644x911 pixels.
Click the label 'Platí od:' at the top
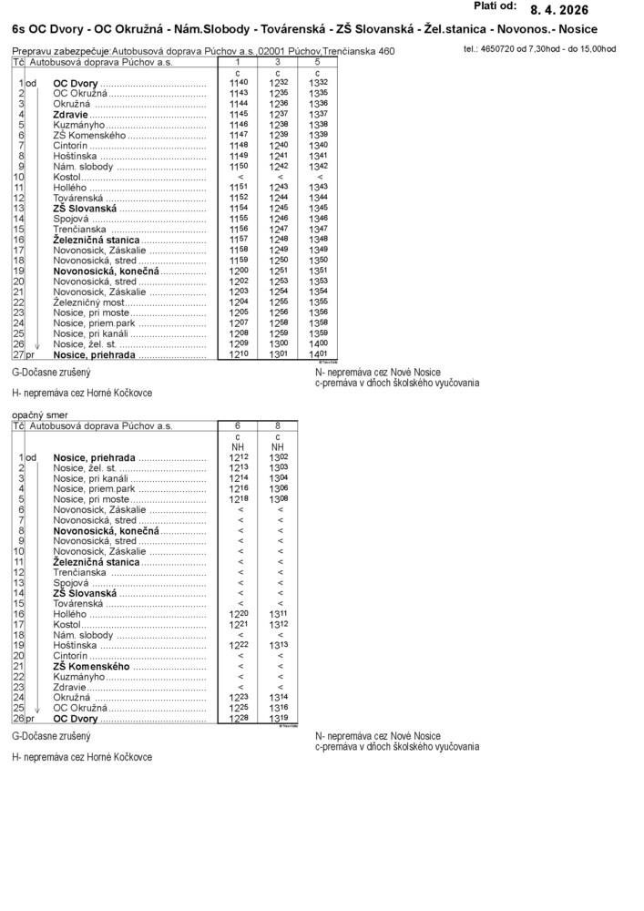coord(496,6)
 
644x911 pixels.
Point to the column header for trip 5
coord(316,62)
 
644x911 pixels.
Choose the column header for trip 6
coord(239,425)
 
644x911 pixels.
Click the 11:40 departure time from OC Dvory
coord(239,83)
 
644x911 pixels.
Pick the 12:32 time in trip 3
coord(278,83)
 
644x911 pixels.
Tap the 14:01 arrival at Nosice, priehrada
coord(317,354)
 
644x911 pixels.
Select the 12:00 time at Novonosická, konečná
coord(239,271)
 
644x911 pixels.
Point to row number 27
coord(17,354)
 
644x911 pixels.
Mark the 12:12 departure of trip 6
coord(239,457)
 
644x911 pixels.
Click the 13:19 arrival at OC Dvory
coord(278,719)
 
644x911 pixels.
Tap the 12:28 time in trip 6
coord(239,719)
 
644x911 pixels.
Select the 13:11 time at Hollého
coord(278,615)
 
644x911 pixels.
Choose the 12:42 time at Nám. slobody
coord(278,167)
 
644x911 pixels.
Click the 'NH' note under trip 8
coord(278,447)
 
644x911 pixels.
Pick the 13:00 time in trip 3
coord(278,343)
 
